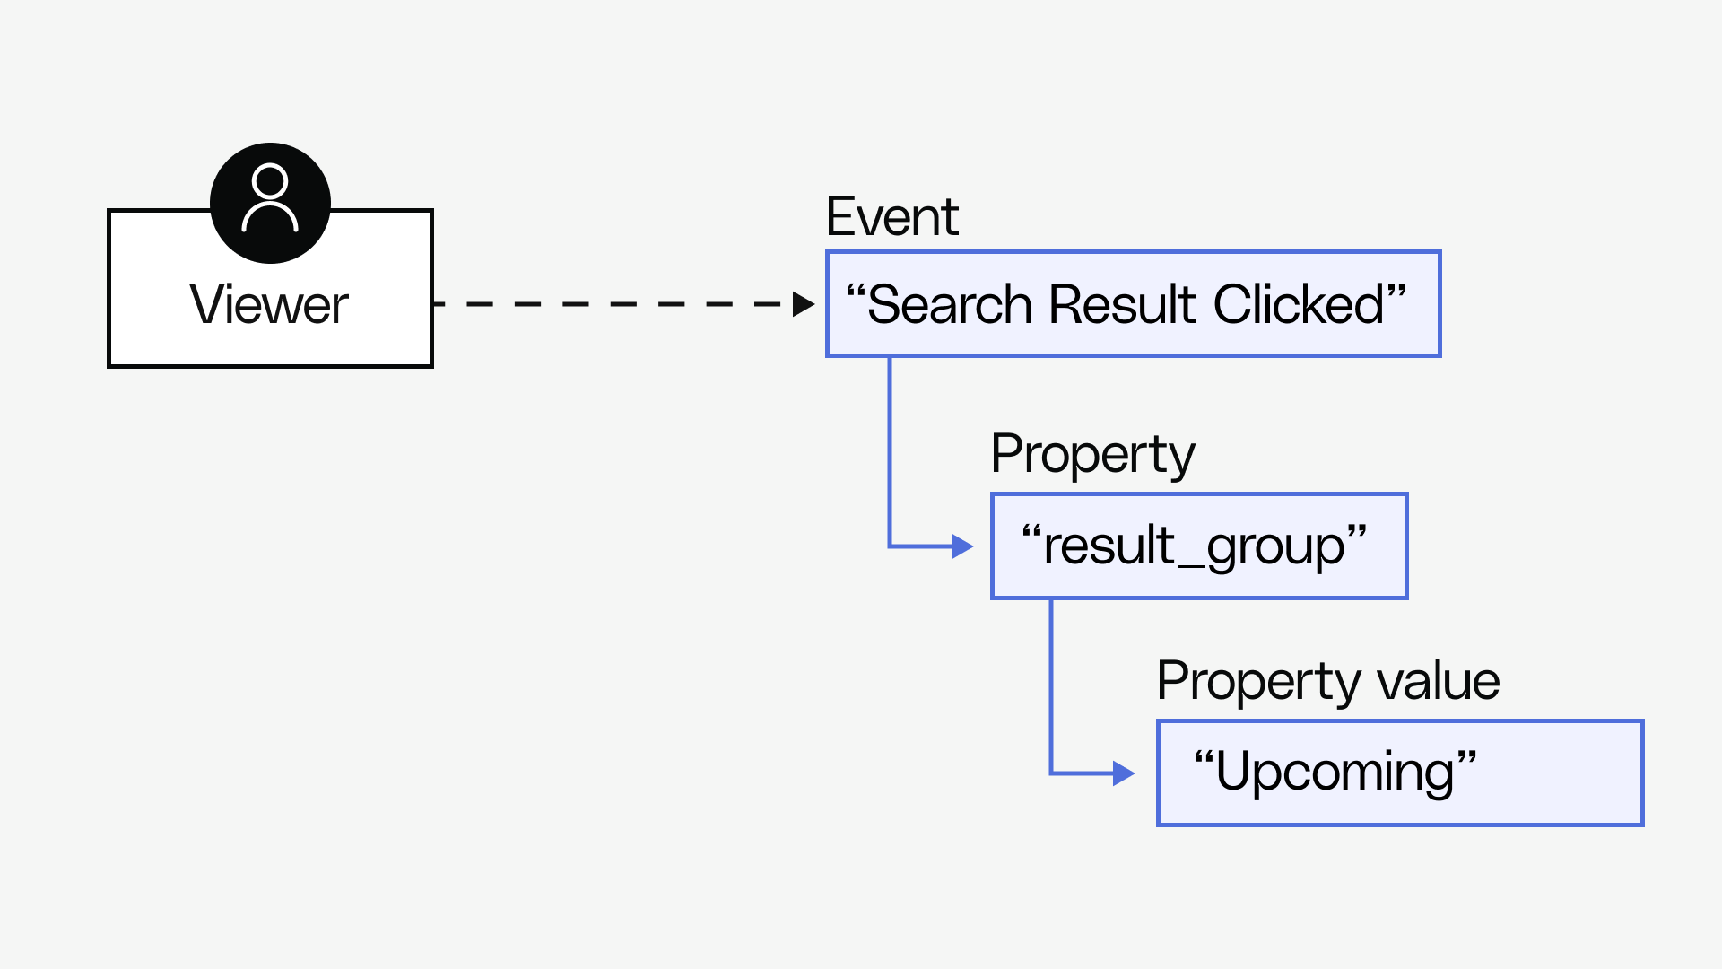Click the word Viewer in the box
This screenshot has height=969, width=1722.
tap(269, 305)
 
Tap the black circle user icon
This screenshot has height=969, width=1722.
tap(270, 203)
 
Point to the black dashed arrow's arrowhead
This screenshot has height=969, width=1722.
tap(803, 304)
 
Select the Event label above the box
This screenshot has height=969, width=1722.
tap(892, 217)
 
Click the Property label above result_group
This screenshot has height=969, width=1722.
tap(1092, 455)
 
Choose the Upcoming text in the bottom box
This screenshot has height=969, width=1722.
tap(1335, 773)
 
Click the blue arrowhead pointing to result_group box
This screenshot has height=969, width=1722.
tap(962, 546)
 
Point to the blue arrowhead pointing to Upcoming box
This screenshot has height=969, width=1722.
tap(1124, 773)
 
